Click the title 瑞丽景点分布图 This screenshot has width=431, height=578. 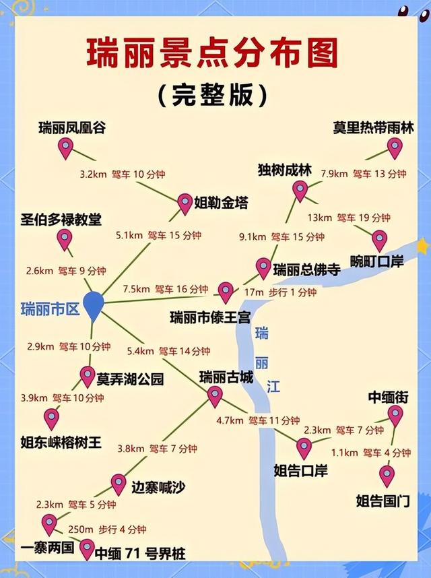tap(212, 53)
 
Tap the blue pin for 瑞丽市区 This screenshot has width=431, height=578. tap(93, 305)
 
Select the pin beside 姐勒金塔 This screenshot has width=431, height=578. tap(185, 203)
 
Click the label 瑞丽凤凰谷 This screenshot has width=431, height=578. tap(73, 127)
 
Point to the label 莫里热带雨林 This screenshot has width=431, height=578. tap(372, 127)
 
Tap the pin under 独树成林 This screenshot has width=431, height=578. tap(300, 191)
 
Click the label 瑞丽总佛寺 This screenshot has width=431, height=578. tap(306, 270)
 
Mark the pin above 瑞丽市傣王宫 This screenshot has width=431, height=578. tap(226, 292)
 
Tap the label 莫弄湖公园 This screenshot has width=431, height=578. tap(130, 379)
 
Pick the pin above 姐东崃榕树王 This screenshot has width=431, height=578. tap(51, 418)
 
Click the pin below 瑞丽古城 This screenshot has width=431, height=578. tap(214, 396)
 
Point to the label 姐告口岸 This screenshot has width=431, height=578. tap(301, 470)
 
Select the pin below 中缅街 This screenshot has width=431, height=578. tap(395, 415)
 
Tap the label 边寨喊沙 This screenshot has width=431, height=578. tap(158, 486)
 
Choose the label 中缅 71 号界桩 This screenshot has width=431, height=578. tap(140, 554)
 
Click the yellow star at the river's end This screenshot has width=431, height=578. tap(422, 246)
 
